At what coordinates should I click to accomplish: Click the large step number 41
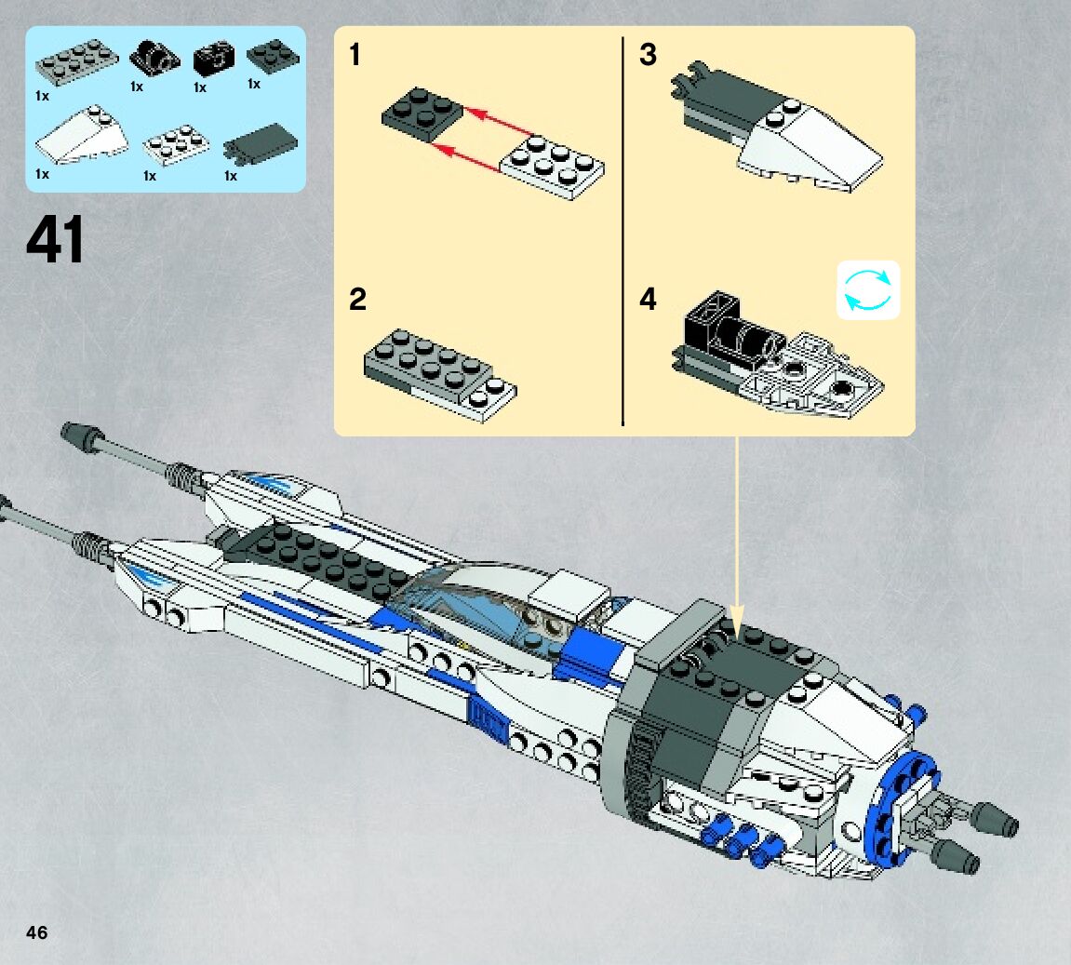pos(56,240)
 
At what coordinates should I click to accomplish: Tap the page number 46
pos(36,933)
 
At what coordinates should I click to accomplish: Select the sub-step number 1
pos(355,56)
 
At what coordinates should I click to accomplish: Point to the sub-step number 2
pos(357,300)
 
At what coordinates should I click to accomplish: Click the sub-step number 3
pos(648,56)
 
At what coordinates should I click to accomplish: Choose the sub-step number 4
pos(648,300)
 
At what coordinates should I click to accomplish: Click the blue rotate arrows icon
pos(868,289)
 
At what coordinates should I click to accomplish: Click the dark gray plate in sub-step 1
pos(422,115)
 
